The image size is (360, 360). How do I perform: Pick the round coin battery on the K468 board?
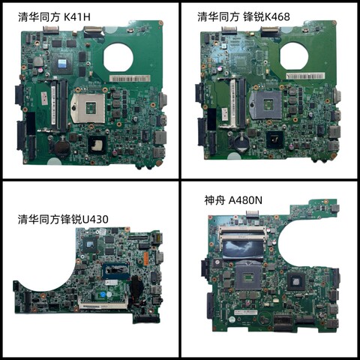[242, 139]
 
